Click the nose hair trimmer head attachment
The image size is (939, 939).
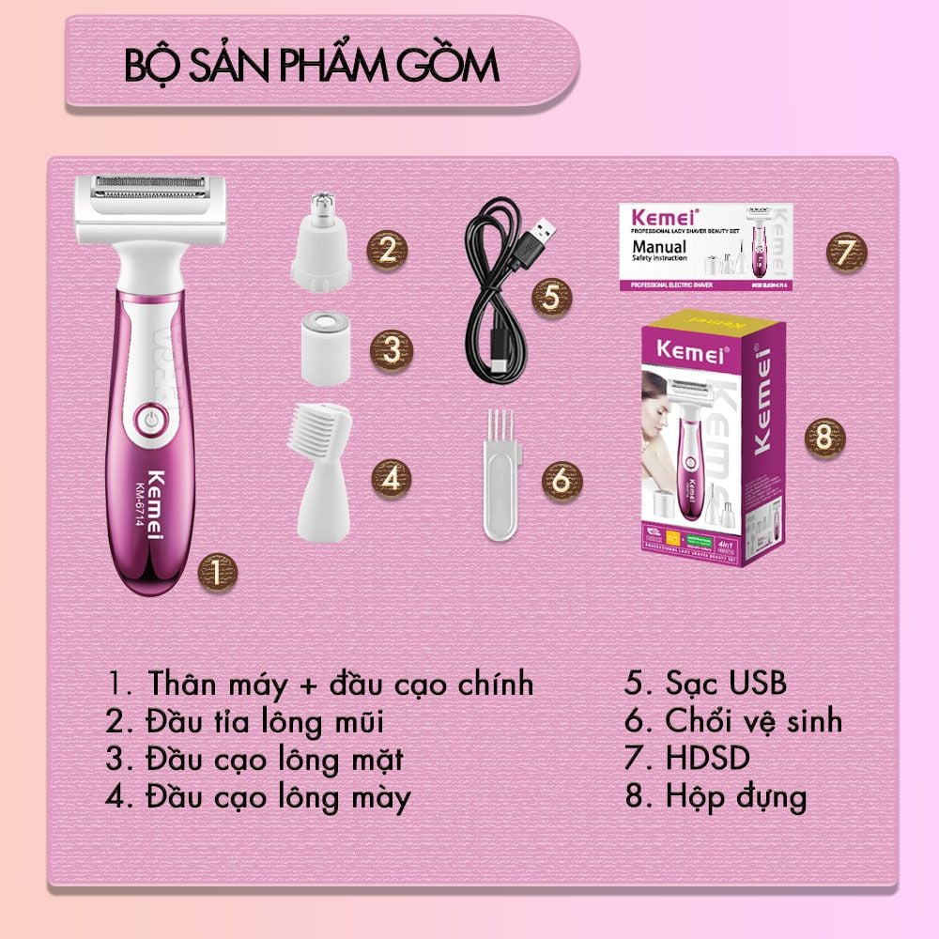pos(322,240)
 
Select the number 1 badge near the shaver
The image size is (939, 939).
pos(216,571)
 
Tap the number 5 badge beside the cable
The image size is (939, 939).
pos(551,297)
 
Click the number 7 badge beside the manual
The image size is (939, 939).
pos(845,251)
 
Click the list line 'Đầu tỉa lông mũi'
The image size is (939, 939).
pos(244,721)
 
